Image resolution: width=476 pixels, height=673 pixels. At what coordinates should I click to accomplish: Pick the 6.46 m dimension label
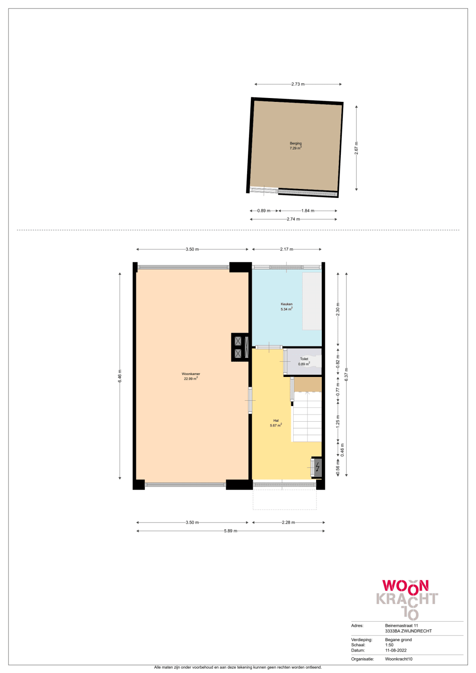click(120, 376)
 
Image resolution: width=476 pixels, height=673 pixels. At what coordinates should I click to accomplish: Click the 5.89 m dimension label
click(230, 531)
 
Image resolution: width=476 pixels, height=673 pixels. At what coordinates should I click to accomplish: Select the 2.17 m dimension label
click(287, 249)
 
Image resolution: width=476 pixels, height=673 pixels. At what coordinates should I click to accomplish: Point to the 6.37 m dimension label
click(347, 374)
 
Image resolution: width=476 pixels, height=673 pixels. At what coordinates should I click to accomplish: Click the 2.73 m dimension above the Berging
click(298, 84)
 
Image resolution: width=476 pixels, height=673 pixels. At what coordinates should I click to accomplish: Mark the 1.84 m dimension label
click(307, 210)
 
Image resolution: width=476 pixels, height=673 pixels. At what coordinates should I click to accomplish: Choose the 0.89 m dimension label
click(264, 210)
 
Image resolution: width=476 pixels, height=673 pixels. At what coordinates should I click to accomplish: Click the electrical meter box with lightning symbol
click(317, 467)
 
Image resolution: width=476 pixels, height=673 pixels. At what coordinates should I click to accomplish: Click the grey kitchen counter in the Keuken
click(312, 301)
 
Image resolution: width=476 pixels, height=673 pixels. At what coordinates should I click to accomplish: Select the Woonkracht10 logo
click(407, 598)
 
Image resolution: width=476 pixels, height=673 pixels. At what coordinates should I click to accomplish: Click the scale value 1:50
click(389, 645)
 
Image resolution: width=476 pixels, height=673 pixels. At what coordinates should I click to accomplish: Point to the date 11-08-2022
click(396, 650)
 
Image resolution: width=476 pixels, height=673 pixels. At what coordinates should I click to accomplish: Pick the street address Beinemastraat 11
click(402, 625)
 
